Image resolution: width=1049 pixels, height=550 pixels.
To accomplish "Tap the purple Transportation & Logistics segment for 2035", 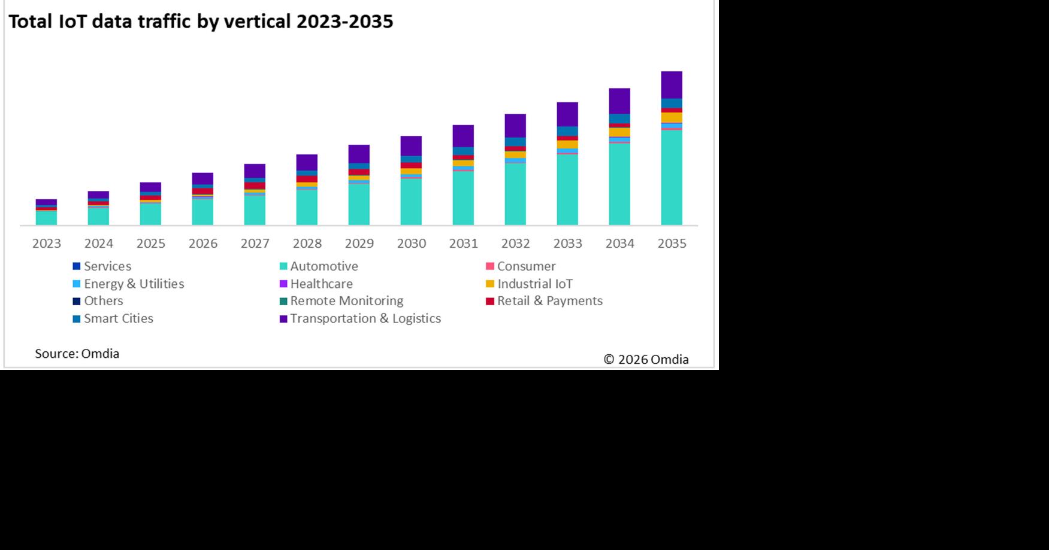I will point(671,85).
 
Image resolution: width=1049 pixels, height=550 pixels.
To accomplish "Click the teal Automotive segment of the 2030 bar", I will point(411,202).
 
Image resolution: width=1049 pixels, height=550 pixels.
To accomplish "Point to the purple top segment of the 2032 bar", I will point(515,126).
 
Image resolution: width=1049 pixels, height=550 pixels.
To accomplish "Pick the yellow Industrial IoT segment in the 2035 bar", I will point(671,117).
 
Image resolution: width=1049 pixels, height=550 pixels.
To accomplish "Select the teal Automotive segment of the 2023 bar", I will point(46,218).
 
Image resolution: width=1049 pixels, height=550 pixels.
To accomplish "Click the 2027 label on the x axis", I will point(255,244).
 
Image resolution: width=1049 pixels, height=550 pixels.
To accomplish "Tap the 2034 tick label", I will point(619,244).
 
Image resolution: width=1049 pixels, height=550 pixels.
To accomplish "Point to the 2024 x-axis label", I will point(98,244).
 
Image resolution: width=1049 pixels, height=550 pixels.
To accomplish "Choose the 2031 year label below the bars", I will point(463,244).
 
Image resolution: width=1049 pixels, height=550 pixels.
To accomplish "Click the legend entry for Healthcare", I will point(321,284).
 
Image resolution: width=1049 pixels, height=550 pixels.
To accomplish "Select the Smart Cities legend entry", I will point(118,318).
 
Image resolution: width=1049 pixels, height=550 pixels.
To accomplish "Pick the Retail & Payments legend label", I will point(549,301).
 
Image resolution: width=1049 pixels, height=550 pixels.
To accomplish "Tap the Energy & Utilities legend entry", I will point(134,284).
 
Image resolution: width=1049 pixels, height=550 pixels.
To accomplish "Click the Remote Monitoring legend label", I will point(346,301).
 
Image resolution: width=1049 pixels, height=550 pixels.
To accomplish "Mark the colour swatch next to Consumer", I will point(490,266).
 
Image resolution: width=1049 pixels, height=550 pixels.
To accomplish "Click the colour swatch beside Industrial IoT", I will point(490,284).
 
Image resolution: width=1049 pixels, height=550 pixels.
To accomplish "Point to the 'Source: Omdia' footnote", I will point(77,354).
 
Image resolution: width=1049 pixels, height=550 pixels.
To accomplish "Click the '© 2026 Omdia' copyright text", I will point(646,360).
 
